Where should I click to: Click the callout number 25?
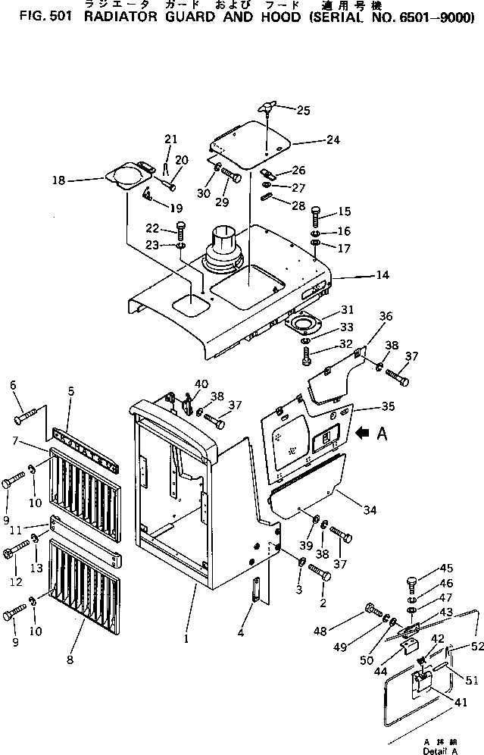303,111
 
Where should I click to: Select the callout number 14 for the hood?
383,275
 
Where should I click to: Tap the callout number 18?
80,180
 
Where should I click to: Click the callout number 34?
369,510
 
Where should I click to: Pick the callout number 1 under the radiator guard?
186,639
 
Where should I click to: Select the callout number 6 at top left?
13,386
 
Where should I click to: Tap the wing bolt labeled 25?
267,108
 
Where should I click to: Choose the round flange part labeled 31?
305,324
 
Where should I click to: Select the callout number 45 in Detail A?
447,569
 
